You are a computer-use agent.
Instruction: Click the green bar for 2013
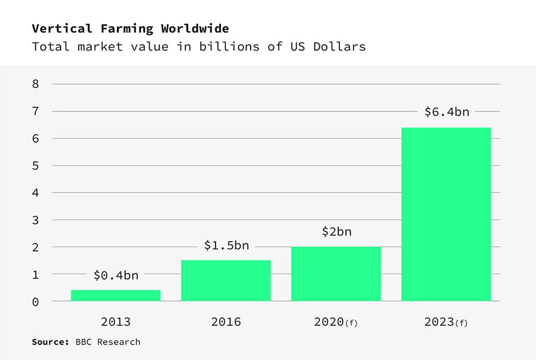116,295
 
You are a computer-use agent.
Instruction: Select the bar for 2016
226,280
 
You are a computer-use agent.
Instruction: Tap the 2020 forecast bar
336,274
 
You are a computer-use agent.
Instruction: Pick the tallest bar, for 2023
446,214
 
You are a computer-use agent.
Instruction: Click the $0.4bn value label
116,275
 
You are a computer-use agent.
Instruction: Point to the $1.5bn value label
226,246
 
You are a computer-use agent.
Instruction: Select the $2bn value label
336,232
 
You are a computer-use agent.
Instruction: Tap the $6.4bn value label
446,111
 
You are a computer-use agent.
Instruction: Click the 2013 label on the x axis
116,322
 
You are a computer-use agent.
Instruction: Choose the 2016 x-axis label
226,322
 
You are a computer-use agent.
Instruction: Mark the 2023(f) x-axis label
446,322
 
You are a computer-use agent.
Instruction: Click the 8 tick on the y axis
36,84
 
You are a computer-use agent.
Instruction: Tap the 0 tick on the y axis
36,302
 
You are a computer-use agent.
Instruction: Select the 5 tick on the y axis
36,166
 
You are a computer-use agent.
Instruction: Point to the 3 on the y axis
36,220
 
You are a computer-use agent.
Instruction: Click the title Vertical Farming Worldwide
130,29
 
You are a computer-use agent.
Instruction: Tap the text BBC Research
108,342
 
